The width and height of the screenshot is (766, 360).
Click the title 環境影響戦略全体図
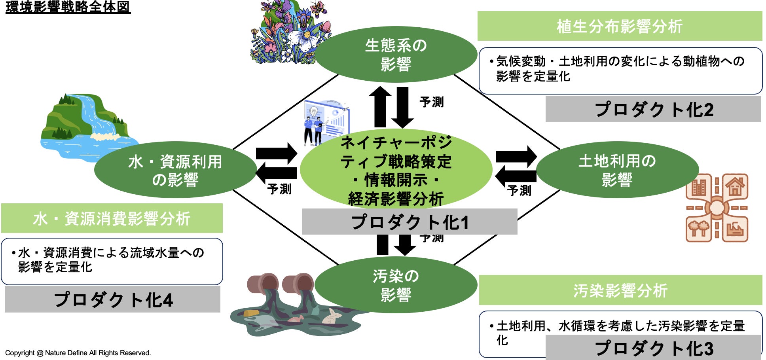(x=68, y=7)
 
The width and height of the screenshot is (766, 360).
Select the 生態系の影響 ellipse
(x=396, y=55)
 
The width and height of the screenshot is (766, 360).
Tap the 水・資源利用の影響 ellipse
(x=175, y=170)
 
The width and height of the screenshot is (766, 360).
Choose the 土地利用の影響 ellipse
(x=617, y=170)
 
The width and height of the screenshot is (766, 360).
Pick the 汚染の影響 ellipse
(x=396, y=285)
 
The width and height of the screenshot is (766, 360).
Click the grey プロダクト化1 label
(x=410, y=222)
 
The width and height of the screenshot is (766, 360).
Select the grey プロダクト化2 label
(x=653, y=109)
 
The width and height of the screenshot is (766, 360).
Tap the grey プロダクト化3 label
(x=653, y=348)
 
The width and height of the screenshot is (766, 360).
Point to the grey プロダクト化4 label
(x=113, y=299)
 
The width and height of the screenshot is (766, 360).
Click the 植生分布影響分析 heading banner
(x=620, y=27)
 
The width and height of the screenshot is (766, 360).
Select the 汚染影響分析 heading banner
(x=620, y=290)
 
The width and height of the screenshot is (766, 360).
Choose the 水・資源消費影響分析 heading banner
(x=112, y=218)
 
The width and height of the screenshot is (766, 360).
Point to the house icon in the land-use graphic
(x=735, y=186)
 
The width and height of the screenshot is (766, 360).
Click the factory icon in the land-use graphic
(x=735, y=229)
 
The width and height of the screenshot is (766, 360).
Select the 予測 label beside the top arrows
(x=432, y=102)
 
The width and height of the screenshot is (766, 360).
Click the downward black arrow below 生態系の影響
(x=403, y=107)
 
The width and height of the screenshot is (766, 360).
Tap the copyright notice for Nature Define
(x=78, y=353)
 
